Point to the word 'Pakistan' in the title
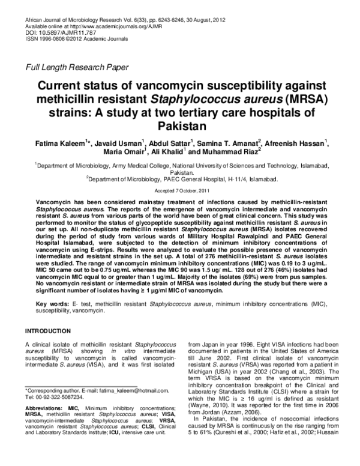(x=181, y=127)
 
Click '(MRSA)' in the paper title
(x=292, y=99)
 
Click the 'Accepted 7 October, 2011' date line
(x=180, y=189)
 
